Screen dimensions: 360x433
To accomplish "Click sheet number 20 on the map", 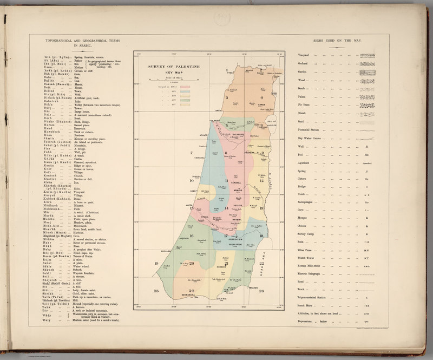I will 192,264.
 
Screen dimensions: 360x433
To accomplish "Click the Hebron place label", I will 222,267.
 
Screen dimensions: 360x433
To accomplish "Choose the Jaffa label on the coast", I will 190,200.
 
